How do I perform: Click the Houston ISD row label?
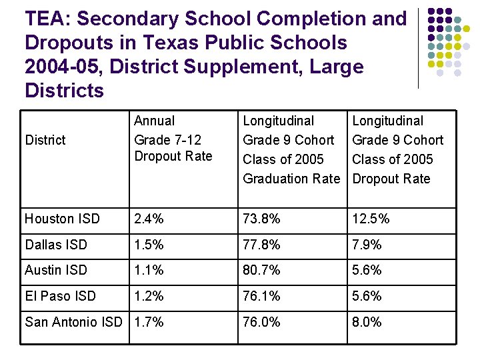click(62, 219)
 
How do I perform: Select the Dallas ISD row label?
click(56, 245)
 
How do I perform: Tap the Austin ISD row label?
click(56, 270)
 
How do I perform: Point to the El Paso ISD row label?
click(60, 296)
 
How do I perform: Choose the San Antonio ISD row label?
click(73, 322)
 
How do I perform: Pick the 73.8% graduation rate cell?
click(262, 219)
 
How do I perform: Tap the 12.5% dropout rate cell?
click(371, 219)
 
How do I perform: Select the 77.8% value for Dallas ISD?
click(262, 245)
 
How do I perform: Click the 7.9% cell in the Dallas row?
click(367, 245)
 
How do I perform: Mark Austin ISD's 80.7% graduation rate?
click(262, 270)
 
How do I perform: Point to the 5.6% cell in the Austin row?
click(367, 270)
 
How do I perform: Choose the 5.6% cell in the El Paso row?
click(367, 296)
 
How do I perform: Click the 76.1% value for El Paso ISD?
click(262, 296)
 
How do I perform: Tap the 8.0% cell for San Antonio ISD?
click(367, 322)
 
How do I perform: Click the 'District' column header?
click(45, 140)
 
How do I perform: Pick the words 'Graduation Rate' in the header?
click(291, 179)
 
